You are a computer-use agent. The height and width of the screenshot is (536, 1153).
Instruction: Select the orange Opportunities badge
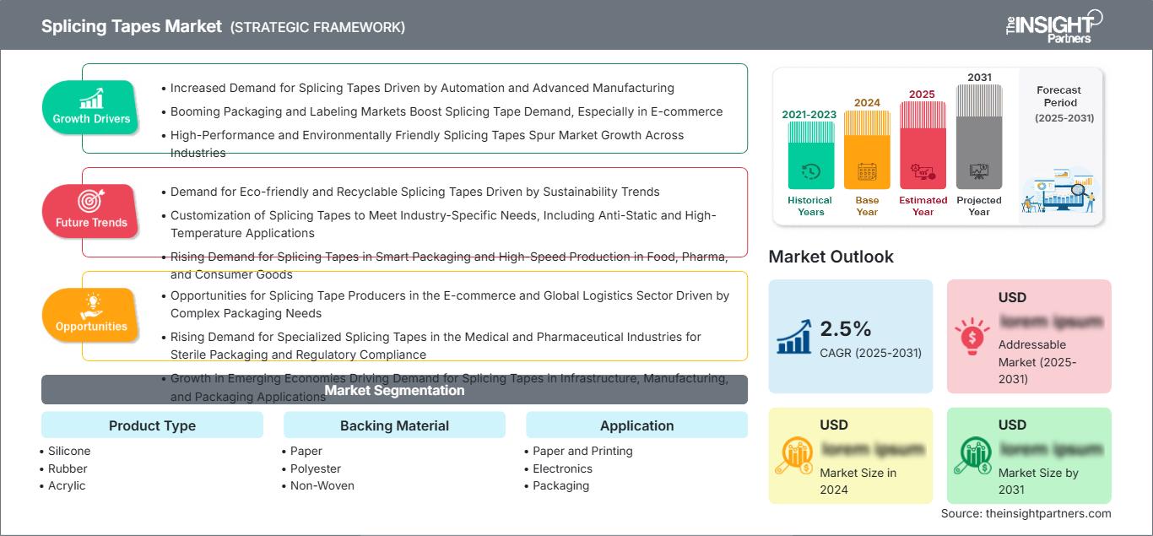pos(90,315)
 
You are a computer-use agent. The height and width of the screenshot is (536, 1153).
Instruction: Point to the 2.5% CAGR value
pos(845,328)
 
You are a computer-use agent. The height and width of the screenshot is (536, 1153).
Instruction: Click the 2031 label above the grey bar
pos(979,77)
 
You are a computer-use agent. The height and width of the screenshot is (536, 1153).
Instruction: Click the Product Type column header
pos(152,425)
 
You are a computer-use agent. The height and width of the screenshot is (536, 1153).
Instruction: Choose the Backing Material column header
pos(394,425)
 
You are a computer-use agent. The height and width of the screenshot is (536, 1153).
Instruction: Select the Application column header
pos(636,425)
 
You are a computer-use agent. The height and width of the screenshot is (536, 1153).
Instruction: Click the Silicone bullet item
pos(69,451)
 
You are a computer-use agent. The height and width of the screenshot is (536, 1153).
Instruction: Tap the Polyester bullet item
pos(316,468)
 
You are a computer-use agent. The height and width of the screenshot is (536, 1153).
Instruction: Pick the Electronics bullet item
pos(562,468)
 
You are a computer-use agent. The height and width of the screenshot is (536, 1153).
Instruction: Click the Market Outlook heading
pos(831,257)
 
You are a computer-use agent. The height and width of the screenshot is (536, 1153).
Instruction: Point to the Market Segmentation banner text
pos(394,390)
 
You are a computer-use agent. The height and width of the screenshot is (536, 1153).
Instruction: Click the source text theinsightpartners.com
pos(1026,513)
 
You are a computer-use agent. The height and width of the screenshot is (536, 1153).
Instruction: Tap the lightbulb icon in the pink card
pos(971,335)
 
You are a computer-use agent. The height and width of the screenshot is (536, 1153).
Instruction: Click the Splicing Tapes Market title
pos(131,26)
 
